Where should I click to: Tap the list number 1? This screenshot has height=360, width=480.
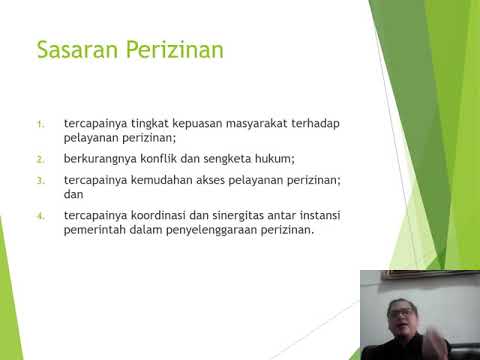pyautogui.click(x=41, y=124)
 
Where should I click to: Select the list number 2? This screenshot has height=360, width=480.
pyautogui.click(x=41, y=159)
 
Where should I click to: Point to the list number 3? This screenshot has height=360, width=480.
pyautogui.click(x=41, y=179)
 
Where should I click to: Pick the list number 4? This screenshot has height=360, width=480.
pyautogui.click(x=41, y=215)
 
